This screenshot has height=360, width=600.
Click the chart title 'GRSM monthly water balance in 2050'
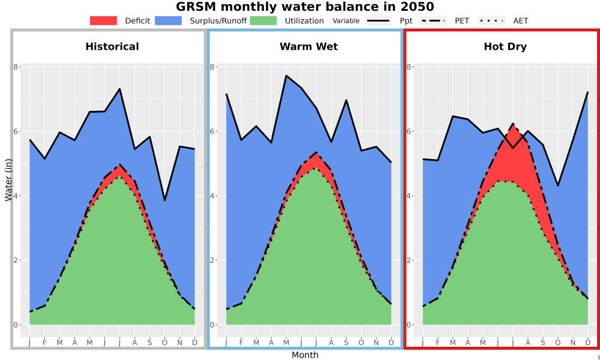(x=305, y=7)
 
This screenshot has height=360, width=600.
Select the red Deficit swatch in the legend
(x=103, y=20)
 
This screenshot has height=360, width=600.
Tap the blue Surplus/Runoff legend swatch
(x=169, y=20)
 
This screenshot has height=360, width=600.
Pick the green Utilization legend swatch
(x=263, y=20)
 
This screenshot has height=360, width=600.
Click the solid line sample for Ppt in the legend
(x=378, y=20)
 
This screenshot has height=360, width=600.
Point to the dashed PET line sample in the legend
(x=433, y=20)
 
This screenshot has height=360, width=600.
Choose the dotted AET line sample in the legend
(x=491, y=20)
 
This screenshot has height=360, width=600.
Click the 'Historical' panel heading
(x=112, y=47)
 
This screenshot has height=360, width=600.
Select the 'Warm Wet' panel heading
(x=309, y=47)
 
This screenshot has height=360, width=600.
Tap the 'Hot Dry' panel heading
(x=505, y=47)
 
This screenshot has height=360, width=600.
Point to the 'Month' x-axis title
(x=305, y=355)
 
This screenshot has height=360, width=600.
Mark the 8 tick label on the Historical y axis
(x=16, y=67)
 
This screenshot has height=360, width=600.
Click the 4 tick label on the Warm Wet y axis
(x=212, y=196)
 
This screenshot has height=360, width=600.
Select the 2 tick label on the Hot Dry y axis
(x=409, y=260)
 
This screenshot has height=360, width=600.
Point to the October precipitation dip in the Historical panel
(x=164, y=200)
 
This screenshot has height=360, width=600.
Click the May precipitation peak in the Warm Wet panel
(x=286, y=76)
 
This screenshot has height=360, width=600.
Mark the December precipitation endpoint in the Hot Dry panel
(x=587, y=92)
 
